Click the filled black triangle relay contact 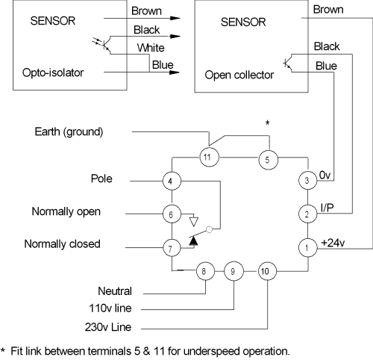[x=193, y=240]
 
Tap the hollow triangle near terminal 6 [x=194, y=222]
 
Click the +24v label [x=333, y=243]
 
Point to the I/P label [x=327, y=208]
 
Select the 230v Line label [x=108, y=327]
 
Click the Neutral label [x=115, y=291]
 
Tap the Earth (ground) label [x=69, y=131]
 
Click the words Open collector [x=239, y=75]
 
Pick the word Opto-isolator [x=53, y=72]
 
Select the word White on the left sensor [x=151, y=48]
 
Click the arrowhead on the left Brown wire [x=175, y=18]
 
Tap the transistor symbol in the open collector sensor [x=288, y=63]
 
